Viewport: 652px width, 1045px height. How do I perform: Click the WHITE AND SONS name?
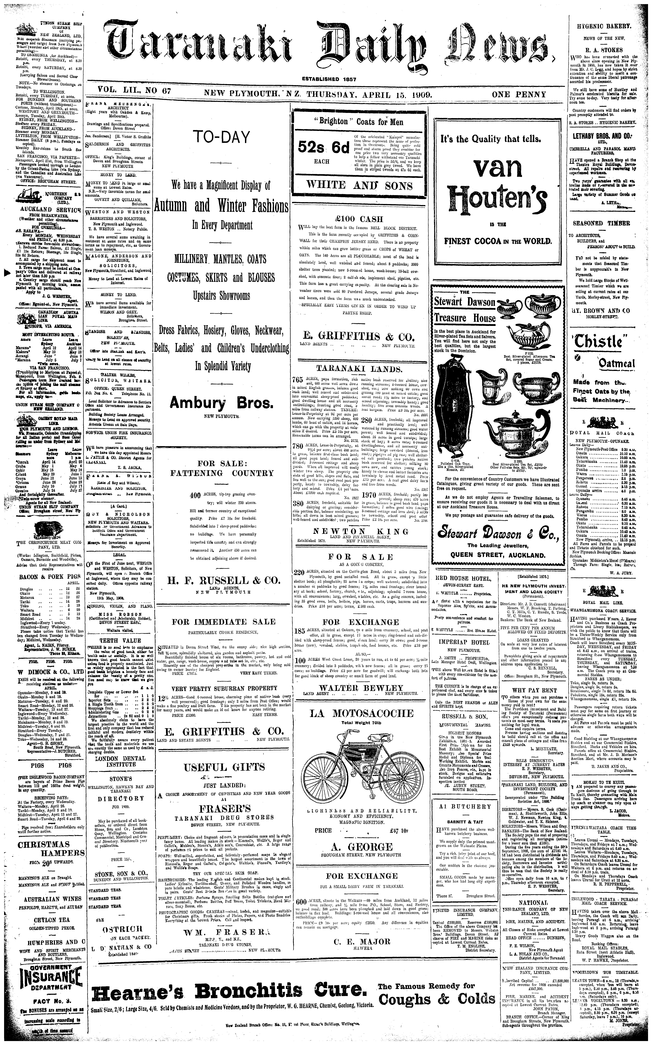[x=359, y=186]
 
